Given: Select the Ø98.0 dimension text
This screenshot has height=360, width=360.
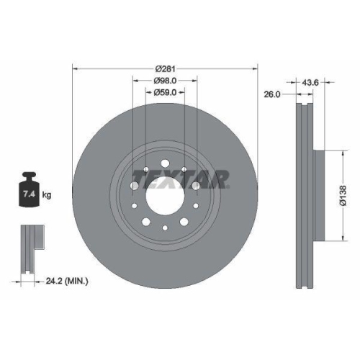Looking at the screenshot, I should [x=165, y=81].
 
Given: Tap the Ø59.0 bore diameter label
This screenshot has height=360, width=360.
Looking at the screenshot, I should [x=165, y=92].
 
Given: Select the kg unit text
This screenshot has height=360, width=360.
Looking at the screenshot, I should [x=46, y=195].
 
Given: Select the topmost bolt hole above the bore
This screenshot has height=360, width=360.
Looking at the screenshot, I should [x=165, y=163].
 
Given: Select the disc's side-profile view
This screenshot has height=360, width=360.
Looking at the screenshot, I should [x=303, y=194].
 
